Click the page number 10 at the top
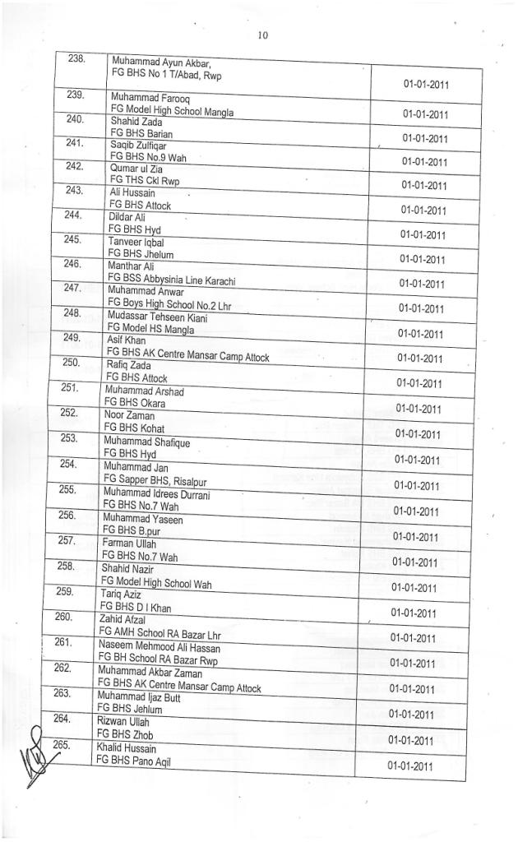(x=262, y=35)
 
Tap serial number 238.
(x=77, y=60)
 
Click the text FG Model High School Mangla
(x=172, y=110)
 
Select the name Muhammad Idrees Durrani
(x=156, y=494)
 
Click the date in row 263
(x=411, y=714)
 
